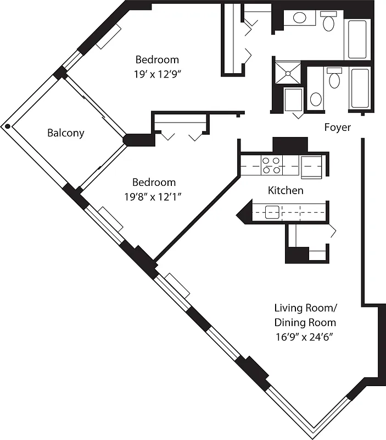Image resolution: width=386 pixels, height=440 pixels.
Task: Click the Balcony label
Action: pyautogui.click(x=66, y=133)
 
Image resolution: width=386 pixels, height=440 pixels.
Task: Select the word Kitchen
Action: pyautogui.click(x=286, y=190)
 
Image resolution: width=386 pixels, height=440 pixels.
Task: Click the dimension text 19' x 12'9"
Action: pyautogui.click(x=158, y=75)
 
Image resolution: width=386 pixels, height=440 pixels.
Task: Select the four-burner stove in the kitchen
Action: pyautogui.click(x=272, y=165)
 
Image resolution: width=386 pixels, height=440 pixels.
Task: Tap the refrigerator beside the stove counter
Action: pyautogui.click(x=311, y=166)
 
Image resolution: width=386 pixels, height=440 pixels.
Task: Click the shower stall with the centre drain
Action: pyautogui.click(x=288, y=73)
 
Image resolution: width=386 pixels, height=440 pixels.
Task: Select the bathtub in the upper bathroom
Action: pyautogui.click(x=357, y=39)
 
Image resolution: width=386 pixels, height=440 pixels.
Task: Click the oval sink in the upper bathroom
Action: pyautogui.click(x=300, y=18)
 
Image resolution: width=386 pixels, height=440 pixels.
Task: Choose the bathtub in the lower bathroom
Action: pyautogui.click(x=360, y=88)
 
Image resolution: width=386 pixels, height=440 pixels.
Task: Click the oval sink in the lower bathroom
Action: pyautogui.click(x=316, y=99)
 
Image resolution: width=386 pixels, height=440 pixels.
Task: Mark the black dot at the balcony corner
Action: pyautogui.click(x=7, y=126)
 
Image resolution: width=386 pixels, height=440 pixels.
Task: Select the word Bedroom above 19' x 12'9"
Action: pyautogui.click(x=158, y=59)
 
